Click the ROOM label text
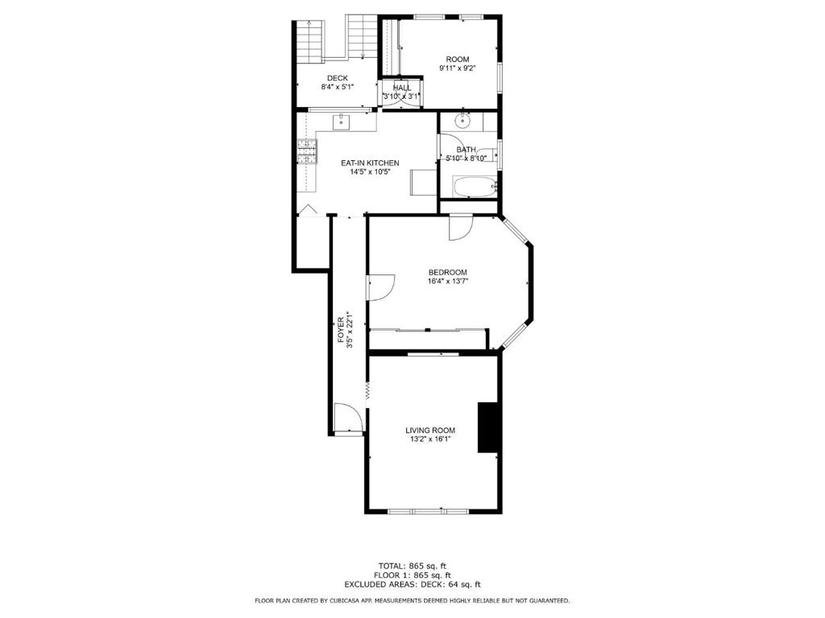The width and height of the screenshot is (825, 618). (458, 60)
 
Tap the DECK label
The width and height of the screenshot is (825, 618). (338, 78)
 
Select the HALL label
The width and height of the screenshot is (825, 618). (402, 88)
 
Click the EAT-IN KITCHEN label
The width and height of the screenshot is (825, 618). (370, 163)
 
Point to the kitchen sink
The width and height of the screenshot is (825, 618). (342, 122)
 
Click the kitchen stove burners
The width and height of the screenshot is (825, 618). (307, 150)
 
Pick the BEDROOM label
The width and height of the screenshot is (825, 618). (447, 272)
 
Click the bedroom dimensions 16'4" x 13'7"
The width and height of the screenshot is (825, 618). (447, 282)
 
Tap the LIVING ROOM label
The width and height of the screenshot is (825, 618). (430, 430)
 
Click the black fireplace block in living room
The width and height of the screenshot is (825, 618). (487, 426)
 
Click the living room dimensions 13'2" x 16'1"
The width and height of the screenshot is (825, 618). (430, 439)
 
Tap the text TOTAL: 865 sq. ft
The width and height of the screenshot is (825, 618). (412, 565)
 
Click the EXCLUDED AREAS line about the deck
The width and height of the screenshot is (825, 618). (412, 585)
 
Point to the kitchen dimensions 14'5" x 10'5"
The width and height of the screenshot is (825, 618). (370, 171)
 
